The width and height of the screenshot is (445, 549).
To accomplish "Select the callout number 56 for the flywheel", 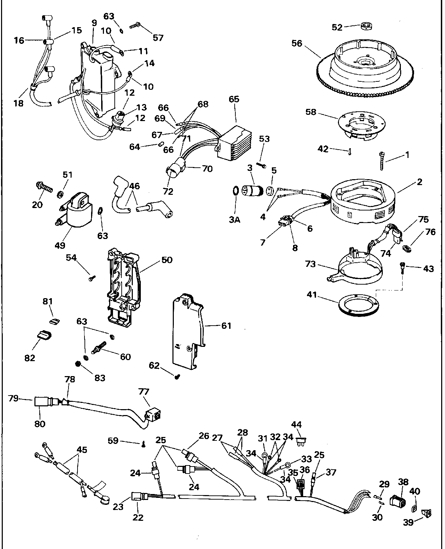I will [297, 43].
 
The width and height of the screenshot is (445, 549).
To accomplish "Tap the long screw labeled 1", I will [382, 161].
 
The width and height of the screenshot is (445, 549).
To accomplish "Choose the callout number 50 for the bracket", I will [167, 260].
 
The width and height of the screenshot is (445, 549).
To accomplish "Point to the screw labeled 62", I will [177, 376].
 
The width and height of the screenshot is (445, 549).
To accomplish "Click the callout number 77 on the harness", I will [144, 392].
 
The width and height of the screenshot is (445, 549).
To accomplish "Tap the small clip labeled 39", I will [426, 513].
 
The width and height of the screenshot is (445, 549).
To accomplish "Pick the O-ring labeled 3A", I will [235, 191].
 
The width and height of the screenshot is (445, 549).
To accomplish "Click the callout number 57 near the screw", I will [158, 37].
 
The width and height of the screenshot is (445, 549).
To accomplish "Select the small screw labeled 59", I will [143, 444].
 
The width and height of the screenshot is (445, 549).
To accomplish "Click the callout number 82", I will [30, 358].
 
